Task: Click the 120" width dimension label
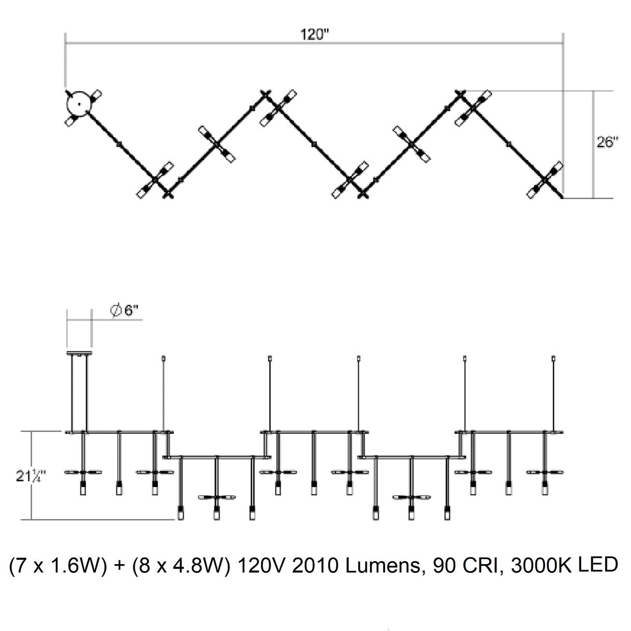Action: click(x=314, y=35)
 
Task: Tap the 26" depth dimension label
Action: click(x=608, y=142)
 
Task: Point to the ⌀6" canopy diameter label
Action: click(x=124, y=310)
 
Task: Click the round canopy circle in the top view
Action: click(x=79, y=104)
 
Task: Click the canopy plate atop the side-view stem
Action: click(x=79, y=353)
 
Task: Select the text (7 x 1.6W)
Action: click(x=58, y=566)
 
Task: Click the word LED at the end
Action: click(x=597, y=565)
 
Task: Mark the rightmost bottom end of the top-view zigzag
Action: click(x=561, y=198)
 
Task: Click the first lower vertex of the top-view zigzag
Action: click(x=167, y=194)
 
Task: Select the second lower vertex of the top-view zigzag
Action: click(x=362, y=194)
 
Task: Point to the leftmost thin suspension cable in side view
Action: click(x=164, y=393)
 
